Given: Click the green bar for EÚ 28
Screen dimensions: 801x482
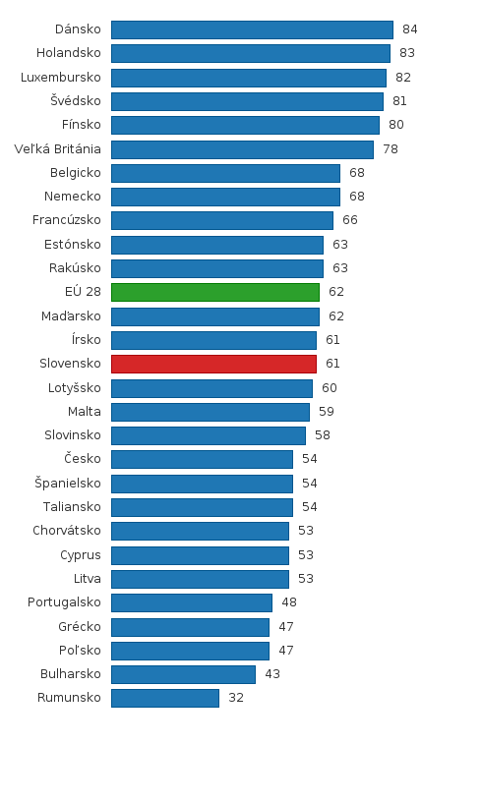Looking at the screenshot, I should click(x=215, y=292).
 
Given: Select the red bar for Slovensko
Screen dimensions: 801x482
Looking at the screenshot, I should click(x=213, y=364).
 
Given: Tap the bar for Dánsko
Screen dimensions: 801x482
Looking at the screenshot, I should click(x=252, y=29).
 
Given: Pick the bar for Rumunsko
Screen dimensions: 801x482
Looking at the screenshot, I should click(x=165, y=698).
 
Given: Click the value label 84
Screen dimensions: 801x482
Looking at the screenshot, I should click(x=410, y=29).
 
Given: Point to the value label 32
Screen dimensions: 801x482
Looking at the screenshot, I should click(x=236, y=698).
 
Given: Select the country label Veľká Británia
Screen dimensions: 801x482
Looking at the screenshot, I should click(x=58, y=148).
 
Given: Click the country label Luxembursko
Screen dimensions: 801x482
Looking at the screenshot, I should click(x=61, y=77).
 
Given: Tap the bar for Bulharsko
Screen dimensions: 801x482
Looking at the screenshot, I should click(x=183, y=674).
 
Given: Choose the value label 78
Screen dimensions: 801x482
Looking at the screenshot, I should click(x=391, y=148).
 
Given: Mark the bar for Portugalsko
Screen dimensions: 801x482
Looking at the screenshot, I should click(x=192, y=602).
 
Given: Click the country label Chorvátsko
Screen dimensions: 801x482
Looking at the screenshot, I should click(x=67, y=531).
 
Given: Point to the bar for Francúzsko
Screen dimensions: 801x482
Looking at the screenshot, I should click(x=222, y=220).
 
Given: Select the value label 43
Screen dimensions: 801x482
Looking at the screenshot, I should click(x=272, y=674).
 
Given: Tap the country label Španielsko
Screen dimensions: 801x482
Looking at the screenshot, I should click(x=68, y=484).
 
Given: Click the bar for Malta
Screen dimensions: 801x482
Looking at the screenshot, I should click(x=211, y=412).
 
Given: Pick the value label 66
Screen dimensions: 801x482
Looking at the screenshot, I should click(x=350, y=220).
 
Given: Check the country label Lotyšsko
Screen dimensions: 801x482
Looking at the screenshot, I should click(x=75, y=388).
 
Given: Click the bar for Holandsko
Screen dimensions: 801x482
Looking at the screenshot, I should click(x=251, y=53).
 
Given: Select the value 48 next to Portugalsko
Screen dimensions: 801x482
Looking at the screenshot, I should click(x=289, y=602).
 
